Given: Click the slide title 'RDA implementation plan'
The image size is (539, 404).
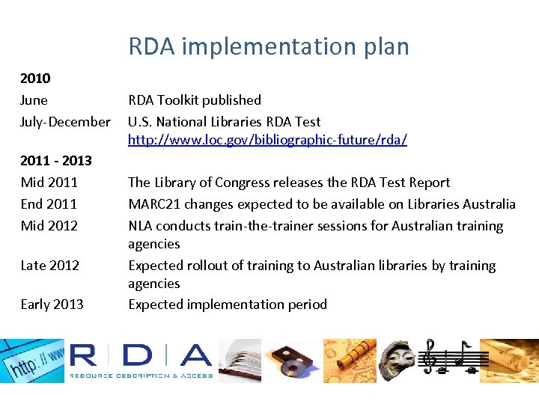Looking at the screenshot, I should pyautogui.click(x=269, y=46).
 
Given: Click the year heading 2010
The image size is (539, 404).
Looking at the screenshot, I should pyautogui.click(x=35, y=78).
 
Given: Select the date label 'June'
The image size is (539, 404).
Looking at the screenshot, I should pyautogui.click(x=34, y=100).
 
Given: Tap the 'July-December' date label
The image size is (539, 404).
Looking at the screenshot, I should pyautogui.click(x=65, y=122).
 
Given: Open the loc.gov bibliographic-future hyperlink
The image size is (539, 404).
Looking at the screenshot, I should pyautogui.click(x=267, y=140).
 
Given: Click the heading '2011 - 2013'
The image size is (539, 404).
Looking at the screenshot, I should pyautogui.click(x=56, y=160).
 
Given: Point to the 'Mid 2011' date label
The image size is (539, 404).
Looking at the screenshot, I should pyautogui.click(x=49, y=183).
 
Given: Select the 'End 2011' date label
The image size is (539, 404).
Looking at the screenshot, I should pyautogui.click(x=49, y=204).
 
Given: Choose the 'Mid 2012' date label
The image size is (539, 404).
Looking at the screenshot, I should pyautogui.click(x=49, y=226).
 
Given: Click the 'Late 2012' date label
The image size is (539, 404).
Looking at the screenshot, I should pyautogui.click(x=50, y=266).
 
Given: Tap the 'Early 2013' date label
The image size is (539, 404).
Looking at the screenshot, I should pyautogui.click(x=52, y=304).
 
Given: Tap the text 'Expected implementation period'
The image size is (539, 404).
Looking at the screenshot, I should pyautogui.click(x=228, y=304).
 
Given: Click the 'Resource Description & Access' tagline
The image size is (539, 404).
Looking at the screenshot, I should pyautogui.click(x=141, y=376).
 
